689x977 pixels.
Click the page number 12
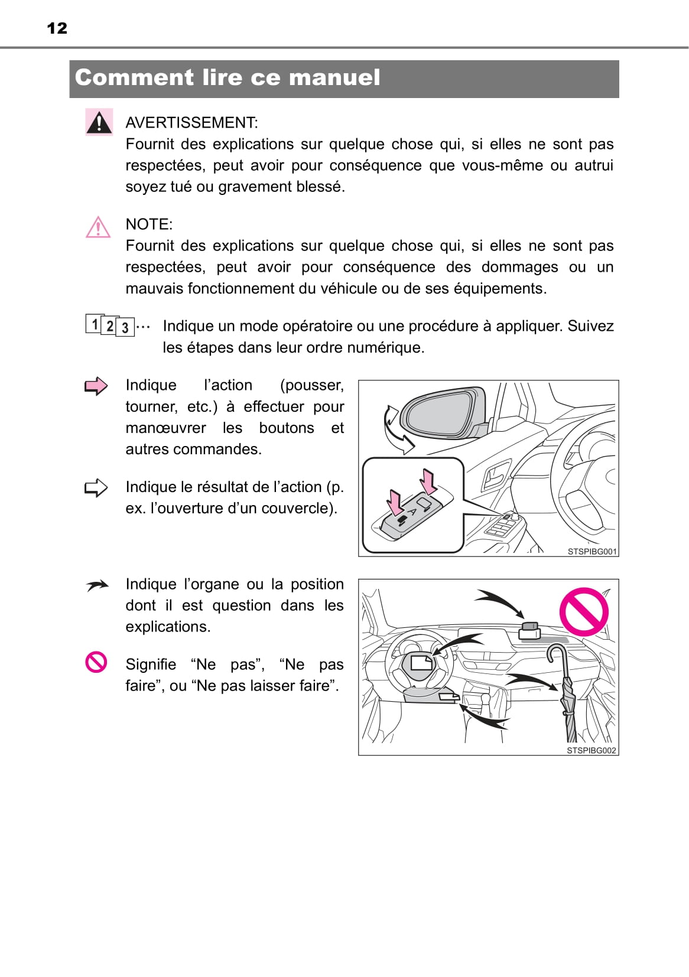pyautogui.click(x=57, y=28)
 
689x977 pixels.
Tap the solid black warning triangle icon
pyautogui.click(x=99, y=122)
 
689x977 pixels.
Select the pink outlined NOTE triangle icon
pyautogui.click(x=98, y=227)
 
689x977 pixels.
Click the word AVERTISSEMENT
pyautogui.click(x=191, y=123)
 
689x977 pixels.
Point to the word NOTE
pyautogui.click(x=148, y=224)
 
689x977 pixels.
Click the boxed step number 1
pyautogui.click(x=95, y=324)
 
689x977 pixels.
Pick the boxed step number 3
pyautogui.click(x=125, y=327)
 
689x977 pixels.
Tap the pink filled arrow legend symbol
pyautogui.click(x=96, y=386)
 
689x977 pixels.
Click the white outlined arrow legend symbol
pyautogui.click(x=96, y=488)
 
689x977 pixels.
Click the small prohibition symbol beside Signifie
pyautogui.click(x=96, y=662)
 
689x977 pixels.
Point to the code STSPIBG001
pyautogui.click(x=591, y=552)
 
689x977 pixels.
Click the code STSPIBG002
pyautogui.click(x=591, y=750)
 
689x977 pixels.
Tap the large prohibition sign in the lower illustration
pyautogui.click(x=584, y=612)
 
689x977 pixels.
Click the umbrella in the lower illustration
pyautogui.click(x=567, y=694)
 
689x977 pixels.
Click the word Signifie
pyautogui.click(x=151, y=665)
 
